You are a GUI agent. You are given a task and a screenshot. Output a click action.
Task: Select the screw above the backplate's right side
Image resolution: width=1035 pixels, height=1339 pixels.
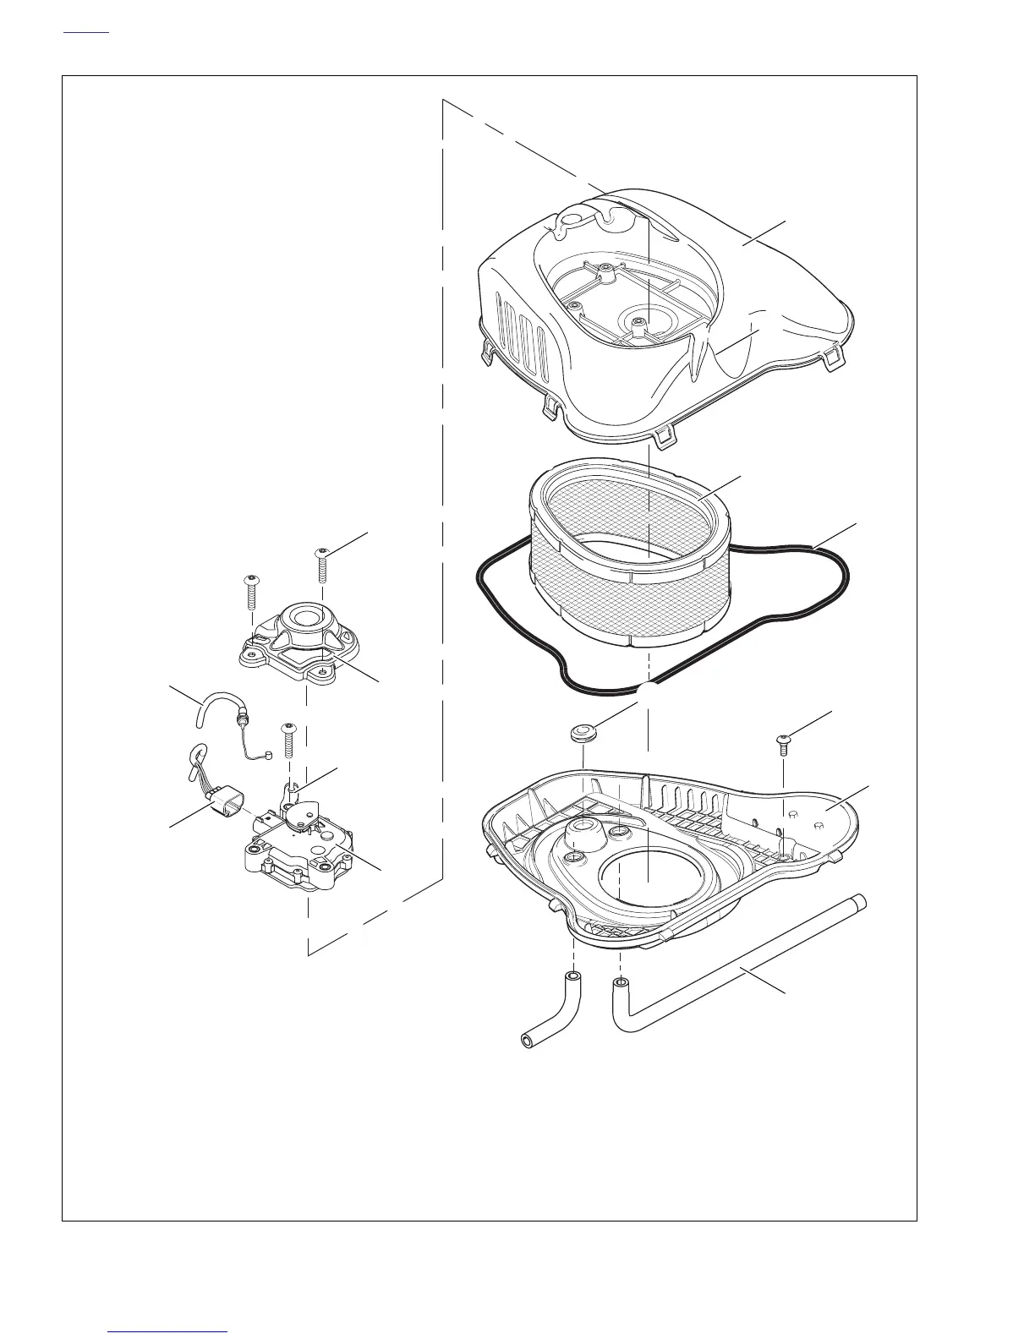click(x=783, y=743)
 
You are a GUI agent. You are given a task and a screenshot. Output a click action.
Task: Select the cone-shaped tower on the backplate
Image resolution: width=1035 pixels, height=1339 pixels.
click(x=583, y=833)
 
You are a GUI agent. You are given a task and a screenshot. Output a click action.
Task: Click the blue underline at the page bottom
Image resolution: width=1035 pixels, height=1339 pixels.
click(x=168, y=1331)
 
